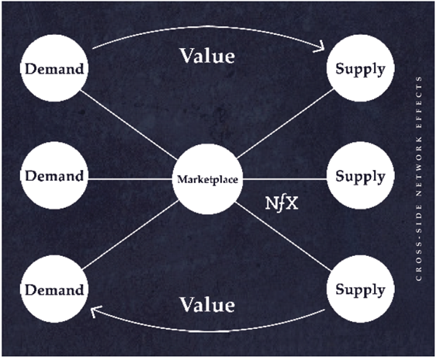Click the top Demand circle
(54, 68)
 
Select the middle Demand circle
(54, 175)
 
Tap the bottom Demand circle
(54, 289)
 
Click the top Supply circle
(361, 68)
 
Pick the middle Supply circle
(361, 175)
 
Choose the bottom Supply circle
(361, 289)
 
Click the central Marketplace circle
(208, 179)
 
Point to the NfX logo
(282, 203)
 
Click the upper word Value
(207, 56)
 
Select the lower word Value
(207, 304)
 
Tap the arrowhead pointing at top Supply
(320, 47)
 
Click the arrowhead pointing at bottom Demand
(95, 311)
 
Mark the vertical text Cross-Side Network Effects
(419, 178)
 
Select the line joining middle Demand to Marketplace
(130, 179)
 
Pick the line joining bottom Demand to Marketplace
(130, 235)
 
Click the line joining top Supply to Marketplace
(286, 123)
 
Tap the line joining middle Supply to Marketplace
(285, 179)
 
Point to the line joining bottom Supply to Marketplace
(283, 237)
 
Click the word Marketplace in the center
(208, 179)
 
